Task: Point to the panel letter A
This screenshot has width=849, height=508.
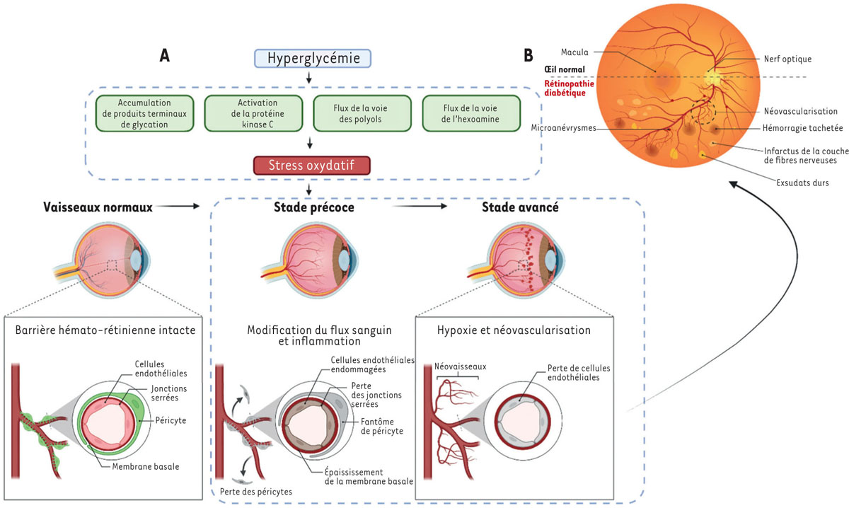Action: (163, 57)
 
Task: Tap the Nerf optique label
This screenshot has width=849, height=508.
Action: (787, 59)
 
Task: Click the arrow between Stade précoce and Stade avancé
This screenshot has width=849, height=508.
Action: (420, 207)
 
